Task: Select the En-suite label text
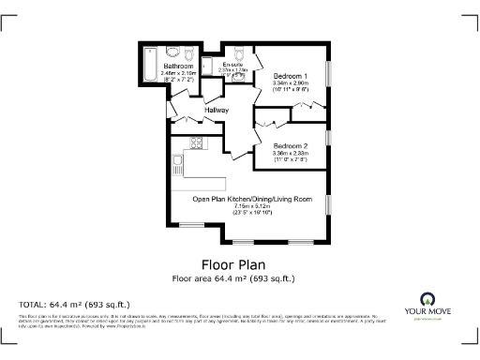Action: click(x=232, y=64)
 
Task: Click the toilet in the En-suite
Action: click(x=239, y=52)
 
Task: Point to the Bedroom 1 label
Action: click(x=290, y=75)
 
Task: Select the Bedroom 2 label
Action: click(x=291, y=147)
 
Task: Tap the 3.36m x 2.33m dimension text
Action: click(x=291, y=155)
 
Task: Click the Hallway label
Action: click(x=218, y=111)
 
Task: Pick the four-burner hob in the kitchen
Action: click(x=198, y=143)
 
